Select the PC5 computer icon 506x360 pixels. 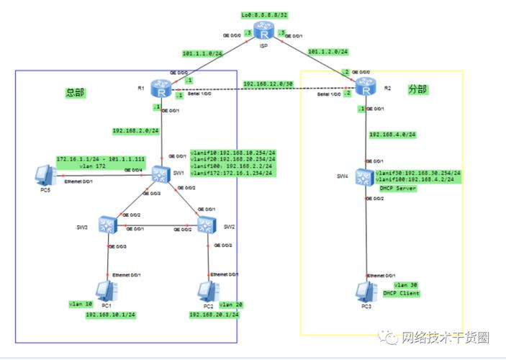45,175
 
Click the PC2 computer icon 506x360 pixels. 207,291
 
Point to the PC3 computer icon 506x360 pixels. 366,291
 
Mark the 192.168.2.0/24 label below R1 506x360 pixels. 135,131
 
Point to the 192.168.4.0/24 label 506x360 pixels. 392,134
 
